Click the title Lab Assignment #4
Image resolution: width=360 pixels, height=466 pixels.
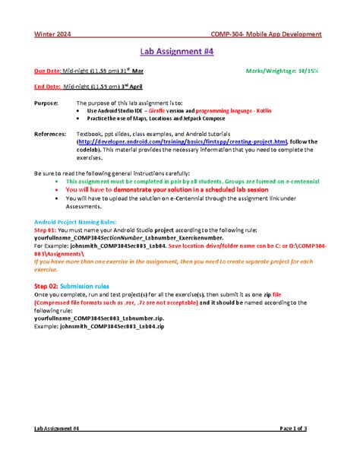(x=179, y=52)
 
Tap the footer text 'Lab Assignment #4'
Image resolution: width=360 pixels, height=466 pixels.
(x=57, y=429)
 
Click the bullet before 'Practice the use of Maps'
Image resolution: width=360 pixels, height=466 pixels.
(x=80, y=118)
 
